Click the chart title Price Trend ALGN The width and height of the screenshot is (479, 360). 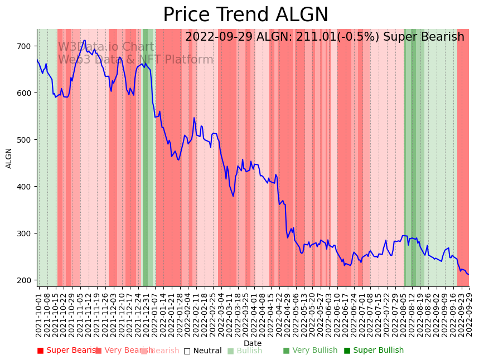245,15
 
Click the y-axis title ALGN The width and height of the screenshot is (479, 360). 9,158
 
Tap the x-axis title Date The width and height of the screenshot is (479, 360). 253,343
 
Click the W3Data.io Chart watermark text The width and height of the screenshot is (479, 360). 106,47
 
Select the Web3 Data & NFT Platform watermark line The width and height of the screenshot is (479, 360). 136,60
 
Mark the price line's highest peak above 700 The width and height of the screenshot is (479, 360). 84,40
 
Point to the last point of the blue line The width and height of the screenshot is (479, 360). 468,275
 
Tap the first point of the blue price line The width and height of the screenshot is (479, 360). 37,60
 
